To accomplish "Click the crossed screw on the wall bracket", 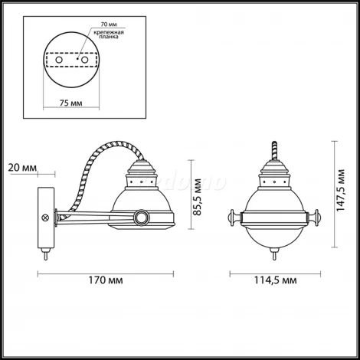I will (45, 218).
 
